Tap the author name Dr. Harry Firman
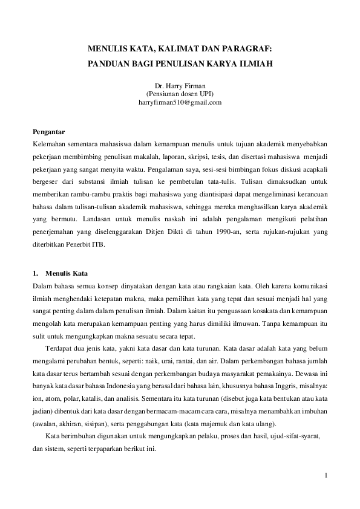coord(180,86)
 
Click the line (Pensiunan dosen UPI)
coord(180,94)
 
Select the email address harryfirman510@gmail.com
coord(180,102)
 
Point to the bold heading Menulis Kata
coord(67,273)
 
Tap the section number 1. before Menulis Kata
coord(35,273)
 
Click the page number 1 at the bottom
coord(326,475)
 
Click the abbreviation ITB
coord(96,247)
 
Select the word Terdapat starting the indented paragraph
coord(59,348)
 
